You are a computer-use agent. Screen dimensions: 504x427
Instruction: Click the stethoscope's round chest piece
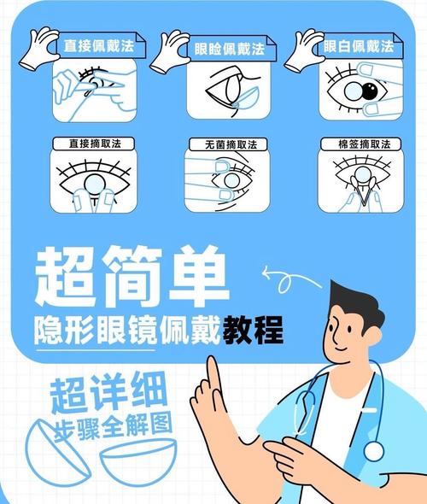point(373,450)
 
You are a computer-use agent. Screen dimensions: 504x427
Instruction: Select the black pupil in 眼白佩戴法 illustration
point(370,90)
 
